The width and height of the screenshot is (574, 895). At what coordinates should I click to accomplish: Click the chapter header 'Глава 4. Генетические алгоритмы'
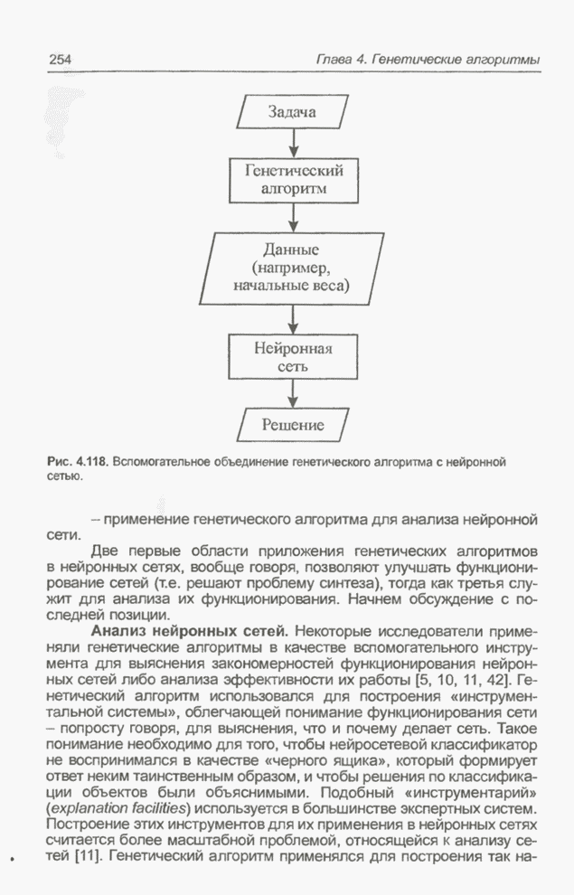tap(427, 59)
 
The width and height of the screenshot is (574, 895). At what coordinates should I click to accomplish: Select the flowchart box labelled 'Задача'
tap(292, 112)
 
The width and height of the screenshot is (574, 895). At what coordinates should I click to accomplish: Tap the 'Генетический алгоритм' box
tap(293, 180)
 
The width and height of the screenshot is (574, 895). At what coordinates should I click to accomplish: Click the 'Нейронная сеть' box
tap(293, 358)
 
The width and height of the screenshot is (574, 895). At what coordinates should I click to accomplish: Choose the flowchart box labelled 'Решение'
tap(292, 423)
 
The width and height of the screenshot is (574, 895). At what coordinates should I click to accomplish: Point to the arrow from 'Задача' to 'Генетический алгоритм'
tap(293, 144)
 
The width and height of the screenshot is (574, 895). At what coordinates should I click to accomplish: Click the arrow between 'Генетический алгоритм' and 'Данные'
tap(293, 217)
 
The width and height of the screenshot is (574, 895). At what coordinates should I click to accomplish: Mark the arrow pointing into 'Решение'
tap(293, 392)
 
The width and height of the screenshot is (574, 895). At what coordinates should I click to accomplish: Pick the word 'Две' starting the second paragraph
tap(106, 551)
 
